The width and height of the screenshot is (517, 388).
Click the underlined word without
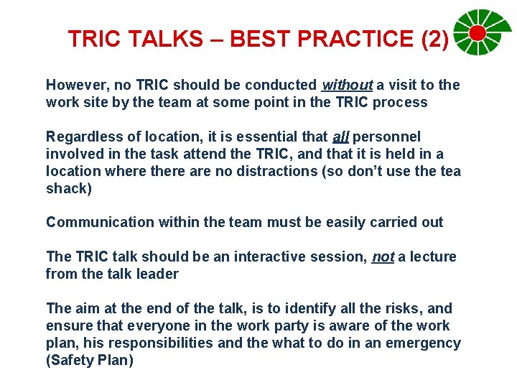coord(348,86)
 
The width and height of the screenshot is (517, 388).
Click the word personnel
coord(387,137)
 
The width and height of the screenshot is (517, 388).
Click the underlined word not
coord(383,257)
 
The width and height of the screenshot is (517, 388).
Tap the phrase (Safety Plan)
coord(90,360)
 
